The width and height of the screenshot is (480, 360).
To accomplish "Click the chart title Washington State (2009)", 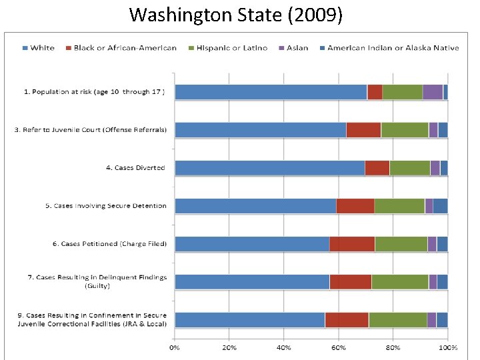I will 236,14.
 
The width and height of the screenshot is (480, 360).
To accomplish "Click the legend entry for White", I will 42,48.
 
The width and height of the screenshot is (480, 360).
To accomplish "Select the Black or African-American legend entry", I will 125,48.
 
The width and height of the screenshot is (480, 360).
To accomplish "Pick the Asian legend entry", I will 297,48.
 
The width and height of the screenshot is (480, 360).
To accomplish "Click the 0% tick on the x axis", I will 175,347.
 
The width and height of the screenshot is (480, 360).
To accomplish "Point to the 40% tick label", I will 284,347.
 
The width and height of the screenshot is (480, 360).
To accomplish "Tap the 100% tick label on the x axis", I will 447,347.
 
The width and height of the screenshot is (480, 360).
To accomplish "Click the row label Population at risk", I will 94,92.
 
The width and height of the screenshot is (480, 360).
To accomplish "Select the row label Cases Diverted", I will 135,168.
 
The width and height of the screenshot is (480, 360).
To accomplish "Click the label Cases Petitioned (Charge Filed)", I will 110,244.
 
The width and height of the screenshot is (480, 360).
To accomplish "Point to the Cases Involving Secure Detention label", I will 106,206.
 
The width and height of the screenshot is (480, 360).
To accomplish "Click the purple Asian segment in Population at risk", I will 433,92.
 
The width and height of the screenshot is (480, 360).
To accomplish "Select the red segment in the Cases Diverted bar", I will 377,168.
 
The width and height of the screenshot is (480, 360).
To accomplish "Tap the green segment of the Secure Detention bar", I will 399,206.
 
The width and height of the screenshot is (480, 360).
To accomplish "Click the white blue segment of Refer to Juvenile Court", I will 260,130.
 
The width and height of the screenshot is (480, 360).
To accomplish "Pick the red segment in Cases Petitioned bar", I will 352,244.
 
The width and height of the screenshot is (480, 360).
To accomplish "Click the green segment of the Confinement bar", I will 397,320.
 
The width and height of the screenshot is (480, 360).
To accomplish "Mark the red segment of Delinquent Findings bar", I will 350,282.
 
